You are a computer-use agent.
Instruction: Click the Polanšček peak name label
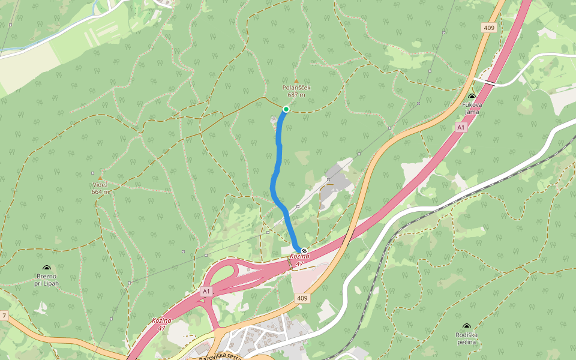point(296,88)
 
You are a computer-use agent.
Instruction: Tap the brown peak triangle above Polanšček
point(296,80)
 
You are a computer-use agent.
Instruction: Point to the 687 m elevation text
point(296,95)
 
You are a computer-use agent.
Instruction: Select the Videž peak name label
point(101,185)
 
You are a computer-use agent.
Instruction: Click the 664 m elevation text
point(101,192)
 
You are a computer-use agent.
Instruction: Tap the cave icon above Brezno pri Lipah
point(47,268)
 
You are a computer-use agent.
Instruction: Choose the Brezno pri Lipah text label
point(47,280)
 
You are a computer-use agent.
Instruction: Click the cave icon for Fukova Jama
point(472,96)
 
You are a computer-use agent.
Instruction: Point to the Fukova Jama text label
point(472,107)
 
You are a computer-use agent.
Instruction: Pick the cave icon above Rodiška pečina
point(466,327)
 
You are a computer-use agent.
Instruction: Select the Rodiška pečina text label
point(466,338)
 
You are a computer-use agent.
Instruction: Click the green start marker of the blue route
point(286,109)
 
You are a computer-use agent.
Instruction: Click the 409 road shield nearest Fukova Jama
point(488,28)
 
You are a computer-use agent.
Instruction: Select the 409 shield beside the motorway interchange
point(302,298)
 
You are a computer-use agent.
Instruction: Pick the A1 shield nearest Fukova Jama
point(460,127)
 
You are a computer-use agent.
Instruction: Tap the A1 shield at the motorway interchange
point(207,291)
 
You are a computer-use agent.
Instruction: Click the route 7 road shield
point(4,316)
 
